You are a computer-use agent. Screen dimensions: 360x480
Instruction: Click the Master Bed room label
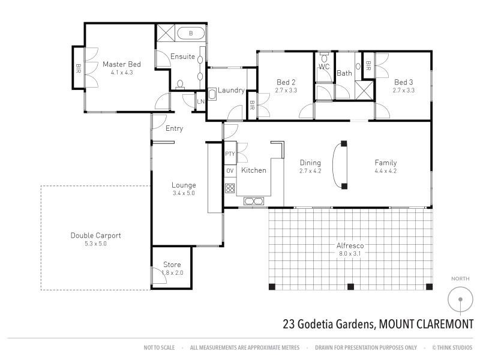pos(121,64)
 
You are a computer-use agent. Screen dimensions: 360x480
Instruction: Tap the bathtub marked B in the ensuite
pos(190,34)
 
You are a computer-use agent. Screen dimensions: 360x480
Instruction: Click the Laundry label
pos(231,91)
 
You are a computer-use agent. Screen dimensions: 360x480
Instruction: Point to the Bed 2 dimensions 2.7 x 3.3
pos(286,91)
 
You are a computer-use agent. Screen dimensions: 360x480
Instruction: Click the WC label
pos(324,67)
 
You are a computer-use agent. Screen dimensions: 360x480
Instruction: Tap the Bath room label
pos(344,73)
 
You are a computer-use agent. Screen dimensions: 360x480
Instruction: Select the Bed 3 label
pos(403,82)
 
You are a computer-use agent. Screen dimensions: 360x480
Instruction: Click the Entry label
pos(174,128)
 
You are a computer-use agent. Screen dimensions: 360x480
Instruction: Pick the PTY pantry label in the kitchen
pos(230,154)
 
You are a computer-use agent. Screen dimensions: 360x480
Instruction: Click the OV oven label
pos(230,171)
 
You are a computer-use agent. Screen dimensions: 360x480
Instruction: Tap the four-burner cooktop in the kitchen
pos(230,188)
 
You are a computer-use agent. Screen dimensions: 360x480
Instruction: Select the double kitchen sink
pos(254,200)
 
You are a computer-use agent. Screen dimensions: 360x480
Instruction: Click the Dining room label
pos(310,163)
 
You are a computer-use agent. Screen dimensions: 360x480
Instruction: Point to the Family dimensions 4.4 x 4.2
pos(386,171)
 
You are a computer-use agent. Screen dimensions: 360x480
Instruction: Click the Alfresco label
pos(351,245)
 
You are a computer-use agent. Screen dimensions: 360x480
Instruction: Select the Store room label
pos(172,265)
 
